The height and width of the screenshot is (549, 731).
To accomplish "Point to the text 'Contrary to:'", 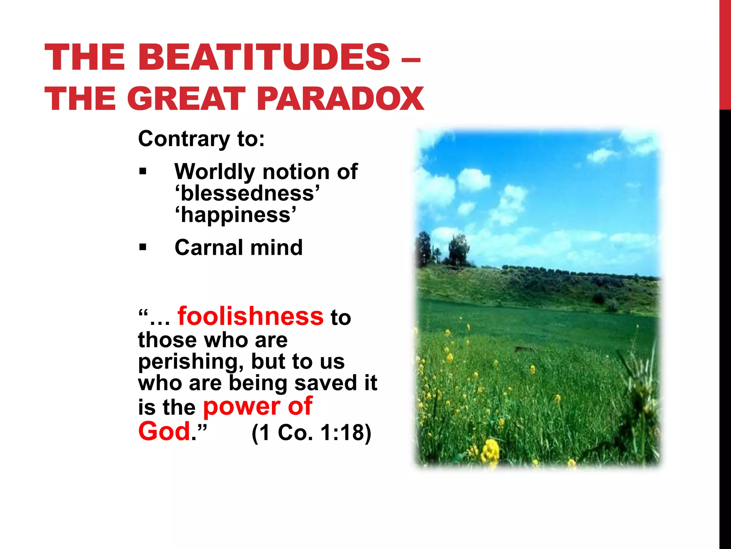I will [x=201, y=139].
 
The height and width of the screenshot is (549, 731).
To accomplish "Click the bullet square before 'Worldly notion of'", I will [x=143, y=172].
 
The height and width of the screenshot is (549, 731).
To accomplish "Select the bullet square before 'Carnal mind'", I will [x=143, y=247].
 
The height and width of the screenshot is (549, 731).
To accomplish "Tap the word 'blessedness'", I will [x=247, y=193].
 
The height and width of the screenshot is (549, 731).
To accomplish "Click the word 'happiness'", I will [x=236, y=215].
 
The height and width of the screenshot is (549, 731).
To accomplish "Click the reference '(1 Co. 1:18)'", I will [x=311, y=432].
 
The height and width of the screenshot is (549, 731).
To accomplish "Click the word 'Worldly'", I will [x=215, y=172].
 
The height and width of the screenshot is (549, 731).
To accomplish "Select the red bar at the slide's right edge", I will [x=725, y=54].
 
